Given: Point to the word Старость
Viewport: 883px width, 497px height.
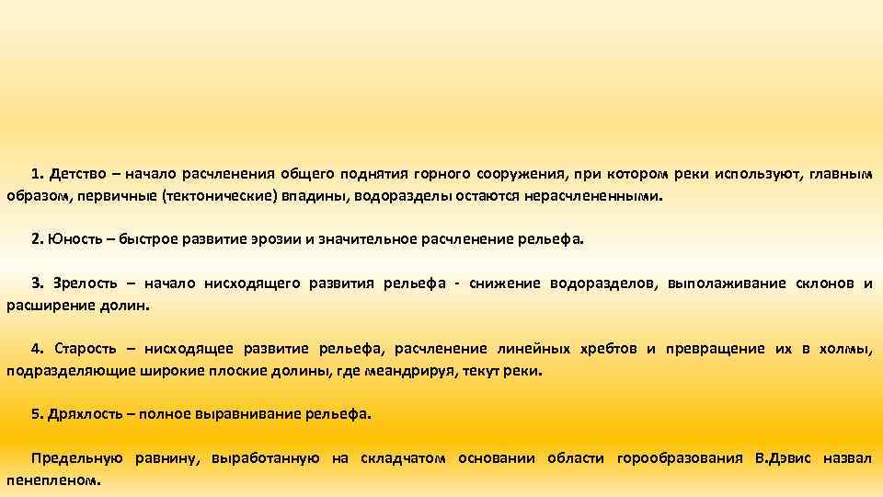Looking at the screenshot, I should (x=86, y=349).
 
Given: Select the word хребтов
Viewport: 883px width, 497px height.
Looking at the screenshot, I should (x=608, y=349).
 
